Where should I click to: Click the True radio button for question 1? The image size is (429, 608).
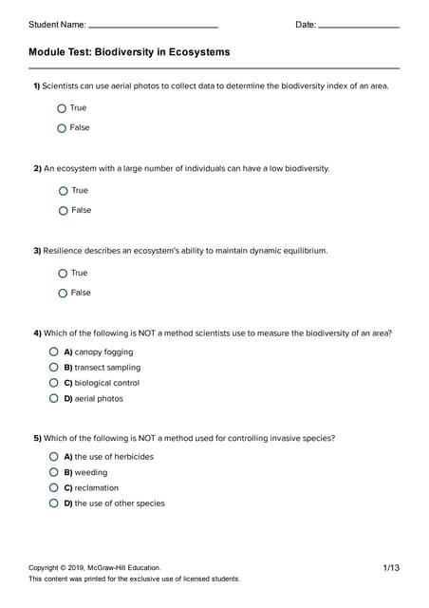pos(63,108)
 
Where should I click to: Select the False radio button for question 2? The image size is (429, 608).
pos(63,210)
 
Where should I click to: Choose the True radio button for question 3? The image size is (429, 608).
pos(63,274)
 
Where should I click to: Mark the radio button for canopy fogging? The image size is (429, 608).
pos(55,352)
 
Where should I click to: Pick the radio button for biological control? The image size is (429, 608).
pos(55,383)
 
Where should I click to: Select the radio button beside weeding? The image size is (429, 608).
pos(55,472)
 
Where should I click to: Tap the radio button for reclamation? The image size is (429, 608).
pos(55,487)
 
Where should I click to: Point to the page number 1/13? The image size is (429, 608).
pos(391,568)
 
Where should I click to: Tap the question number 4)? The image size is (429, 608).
pos(37,333)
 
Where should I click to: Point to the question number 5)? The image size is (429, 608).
pos(37,438)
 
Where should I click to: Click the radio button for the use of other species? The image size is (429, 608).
pos(55,503)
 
